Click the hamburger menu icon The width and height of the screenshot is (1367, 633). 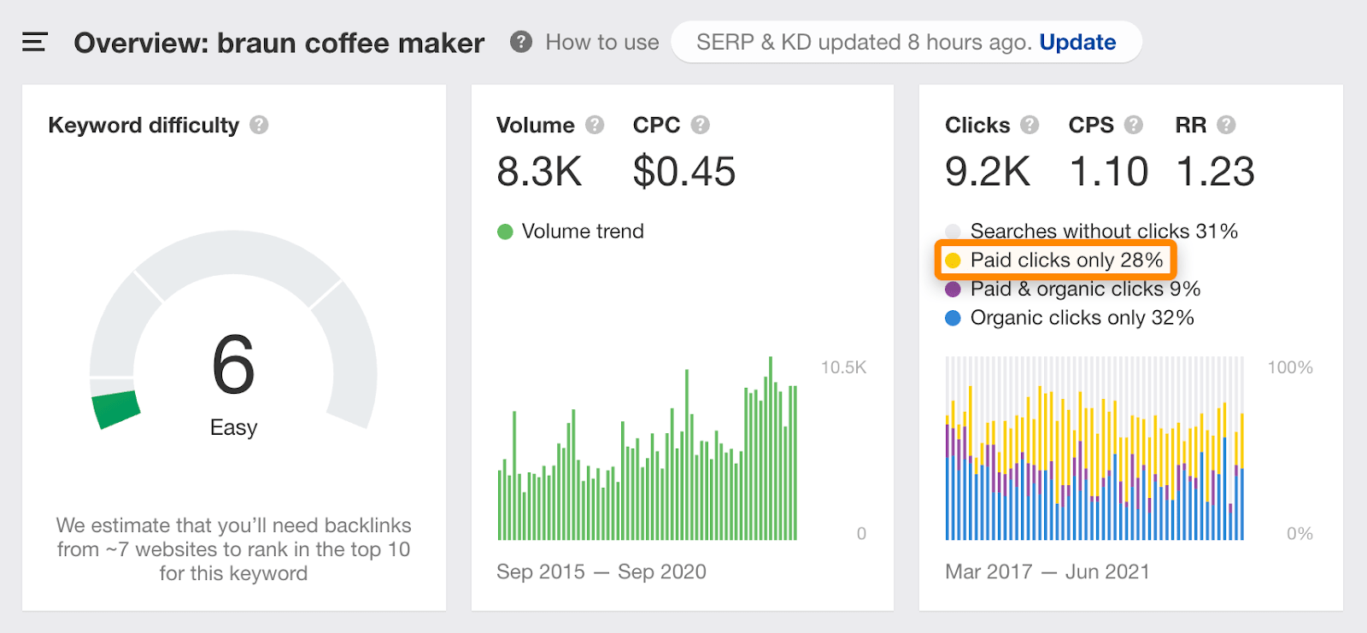click(x=34, y=42)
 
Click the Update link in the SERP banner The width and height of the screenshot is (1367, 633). click(x=1077, y=42)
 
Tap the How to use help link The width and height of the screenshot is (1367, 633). click(x=601, y=42)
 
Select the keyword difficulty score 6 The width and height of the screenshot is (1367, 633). click(x=233, y=365)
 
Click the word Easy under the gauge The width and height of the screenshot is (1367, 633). click(x=233, y=427)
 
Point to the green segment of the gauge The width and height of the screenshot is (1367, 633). click(x=115, y=409)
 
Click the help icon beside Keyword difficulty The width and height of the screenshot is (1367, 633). click(x=259, y=125)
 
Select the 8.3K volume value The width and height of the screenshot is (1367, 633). click(x=539, y=171)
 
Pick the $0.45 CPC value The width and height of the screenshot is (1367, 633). click(x=683, y=171)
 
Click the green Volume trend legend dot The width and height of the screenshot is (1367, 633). click(x=505, y=232)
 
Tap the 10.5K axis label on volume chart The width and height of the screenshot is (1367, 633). click(x=843, y=367)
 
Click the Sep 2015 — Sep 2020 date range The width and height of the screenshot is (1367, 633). click(x=601, y=571)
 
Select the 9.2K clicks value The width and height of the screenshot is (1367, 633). click(x=987, y=171)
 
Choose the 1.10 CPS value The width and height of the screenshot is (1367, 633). click(x=1108, y=171)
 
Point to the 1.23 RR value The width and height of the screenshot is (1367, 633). click(x=1215, y=171)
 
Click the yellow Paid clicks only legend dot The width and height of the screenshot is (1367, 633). click(x=953, y=260)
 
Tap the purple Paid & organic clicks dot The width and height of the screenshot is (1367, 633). click(x=953, y=289)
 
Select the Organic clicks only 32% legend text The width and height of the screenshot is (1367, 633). click(x=1082, y=318)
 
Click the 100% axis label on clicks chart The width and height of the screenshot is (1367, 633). click(x=1289, y=367)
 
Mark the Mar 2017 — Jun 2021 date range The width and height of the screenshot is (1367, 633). click(x=1047, y=571)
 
